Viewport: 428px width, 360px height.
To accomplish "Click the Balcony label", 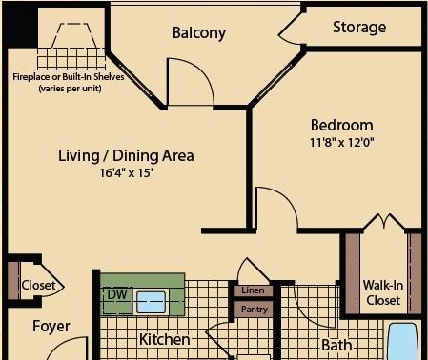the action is [199, 32].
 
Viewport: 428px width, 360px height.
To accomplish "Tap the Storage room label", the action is [359, 28].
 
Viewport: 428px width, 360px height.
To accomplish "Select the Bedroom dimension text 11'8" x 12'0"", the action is [342, 142].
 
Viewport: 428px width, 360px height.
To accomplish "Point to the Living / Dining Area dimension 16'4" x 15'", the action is [127, 172].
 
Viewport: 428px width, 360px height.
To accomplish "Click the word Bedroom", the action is [342, 125].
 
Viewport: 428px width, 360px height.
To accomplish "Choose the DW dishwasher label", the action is [117, 294].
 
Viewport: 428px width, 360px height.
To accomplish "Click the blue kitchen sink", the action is [151, 302].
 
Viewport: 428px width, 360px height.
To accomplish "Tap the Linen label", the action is [253, 290].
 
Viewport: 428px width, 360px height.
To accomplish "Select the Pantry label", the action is [255, 309].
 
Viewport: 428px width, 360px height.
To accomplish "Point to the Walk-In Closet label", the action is [383, 292].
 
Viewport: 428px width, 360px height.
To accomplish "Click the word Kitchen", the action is [165, 339].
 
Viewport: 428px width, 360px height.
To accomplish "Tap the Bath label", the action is [336, 345].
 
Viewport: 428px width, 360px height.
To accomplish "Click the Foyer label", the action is [51, 327].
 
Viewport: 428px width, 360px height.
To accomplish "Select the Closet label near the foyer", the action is [38, 285].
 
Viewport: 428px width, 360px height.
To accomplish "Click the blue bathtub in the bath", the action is [403, 342].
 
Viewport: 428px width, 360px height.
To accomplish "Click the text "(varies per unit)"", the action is [70, 88].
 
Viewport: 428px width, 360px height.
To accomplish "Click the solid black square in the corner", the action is [20, 26].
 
